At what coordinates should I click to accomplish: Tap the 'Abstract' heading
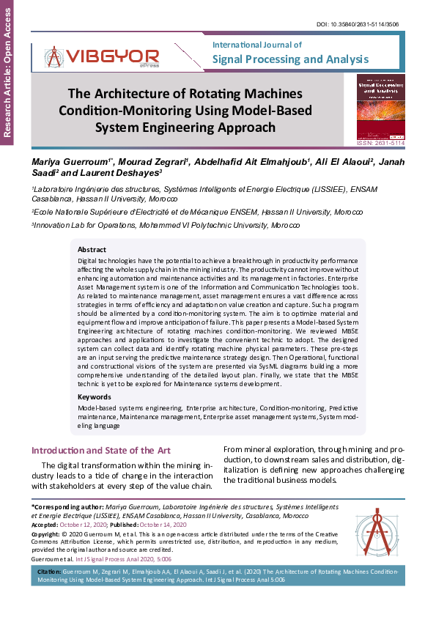(92, 250)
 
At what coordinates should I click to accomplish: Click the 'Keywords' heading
(95, 397)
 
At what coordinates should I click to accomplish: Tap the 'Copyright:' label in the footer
(46, 534)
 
